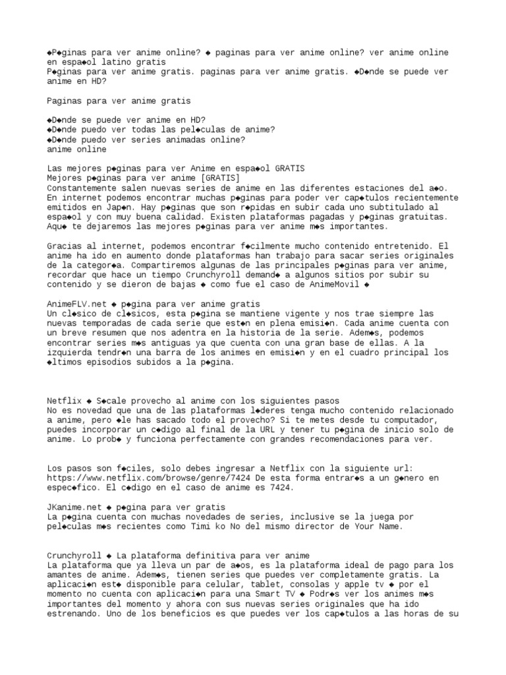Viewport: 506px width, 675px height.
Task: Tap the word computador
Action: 420,419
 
